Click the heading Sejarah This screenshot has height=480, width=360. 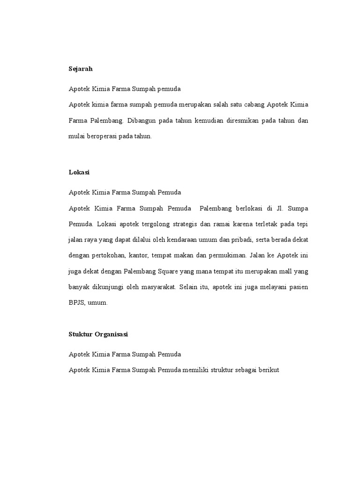(x=81, y=69)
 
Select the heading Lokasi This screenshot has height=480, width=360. (x=79, y=172)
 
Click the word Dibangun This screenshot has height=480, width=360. (x=141, y=120)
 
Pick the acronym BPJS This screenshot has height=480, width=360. (x=77, y=303)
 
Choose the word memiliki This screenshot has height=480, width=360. (x=195, y=370)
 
